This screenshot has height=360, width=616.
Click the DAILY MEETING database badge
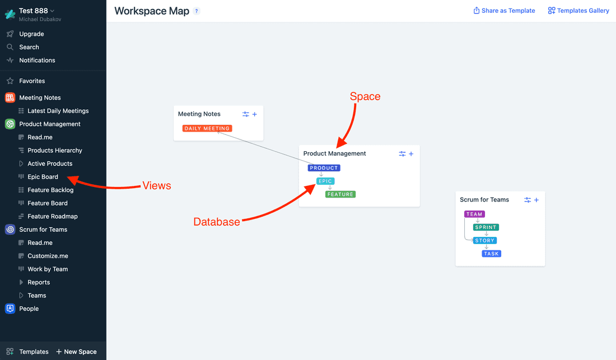207,128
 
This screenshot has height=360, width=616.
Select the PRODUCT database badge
324,168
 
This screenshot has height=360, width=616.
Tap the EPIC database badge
325,181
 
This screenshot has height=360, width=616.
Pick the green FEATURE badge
340,194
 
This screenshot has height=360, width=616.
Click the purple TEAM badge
474,214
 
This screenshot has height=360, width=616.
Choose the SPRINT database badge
486,227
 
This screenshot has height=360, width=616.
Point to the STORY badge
485,241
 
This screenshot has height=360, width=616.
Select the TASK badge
491,254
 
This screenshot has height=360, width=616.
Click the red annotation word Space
365,96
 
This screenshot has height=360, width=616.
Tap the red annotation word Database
217,222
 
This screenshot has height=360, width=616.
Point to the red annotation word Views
157,185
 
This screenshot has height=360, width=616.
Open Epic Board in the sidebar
43,177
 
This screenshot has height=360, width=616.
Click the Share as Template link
504,11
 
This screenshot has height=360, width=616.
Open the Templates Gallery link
578,11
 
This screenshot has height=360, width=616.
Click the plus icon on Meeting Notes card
255,114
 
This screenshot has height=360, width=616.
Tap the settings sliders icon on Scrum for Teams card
528,200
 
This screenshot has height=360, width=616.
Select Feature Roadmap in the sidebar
52,217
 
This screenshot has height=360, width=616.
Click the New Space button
76,352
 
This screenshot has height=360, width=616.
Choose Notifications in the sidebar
37,60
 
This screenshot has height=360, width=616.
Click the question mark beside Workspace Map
197,11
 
